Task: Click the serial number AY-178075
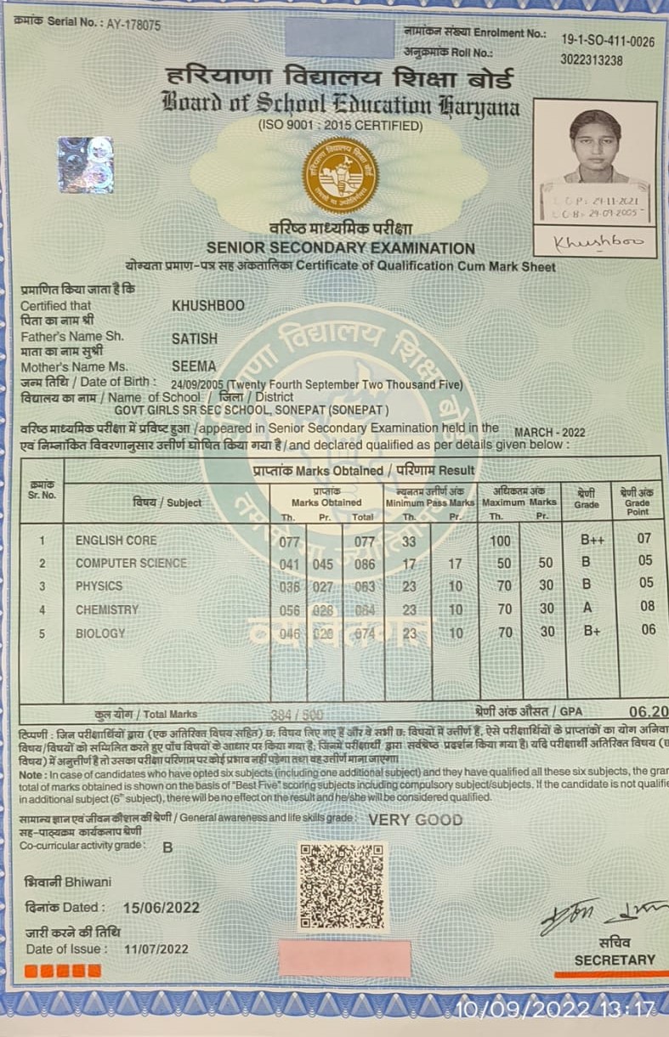click(133, 25)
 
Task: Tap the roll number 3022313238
click(592, 60)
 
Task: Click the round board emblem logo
click(341, 175)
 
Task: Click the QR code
click(342, 887)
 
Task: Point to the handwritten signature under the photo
click(598, 242)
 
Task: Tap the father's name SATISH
click(195, 338)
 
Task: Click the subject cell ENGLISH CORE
click(116, 540)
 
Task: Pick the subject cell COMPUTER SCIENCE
click(131, 563)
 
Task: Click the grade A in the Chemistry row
click(587, 607)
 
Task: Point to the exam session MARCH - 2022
click(550, 433)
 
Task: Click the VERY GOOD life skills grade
click(416, 819)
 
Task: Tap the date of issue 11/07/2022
click(156, 949)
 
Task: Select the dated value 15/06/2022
click(162, 907)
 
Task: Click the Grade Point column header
click(638, 501)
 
